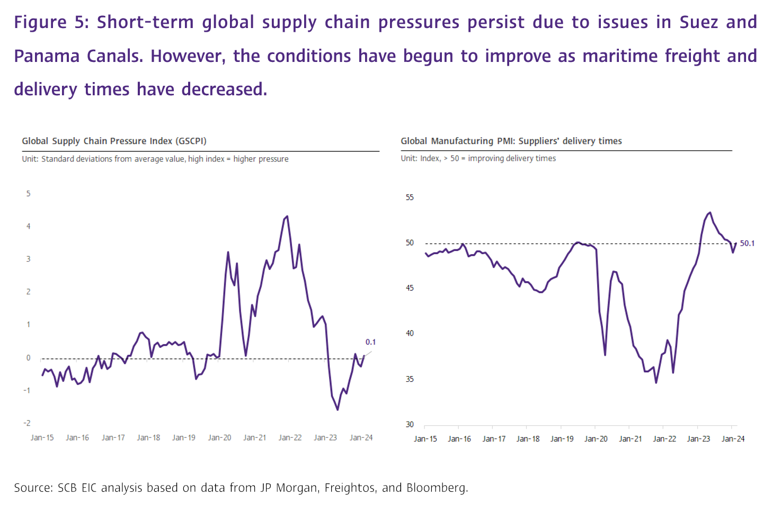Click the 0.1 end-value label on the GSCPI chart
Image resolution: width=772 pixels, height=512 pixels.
click(370, 342)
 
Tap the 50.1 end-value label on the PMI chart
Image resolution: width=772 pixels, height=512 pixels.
click(747, 244)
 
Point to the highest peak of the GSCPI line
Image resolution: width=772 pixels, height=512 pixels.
click(287, 216)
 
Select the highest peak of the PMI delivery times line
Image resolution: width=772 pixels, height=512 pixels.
click(710, 212)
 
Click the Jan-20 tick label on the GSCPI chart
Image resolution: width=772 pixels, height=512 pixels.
click(219, 438)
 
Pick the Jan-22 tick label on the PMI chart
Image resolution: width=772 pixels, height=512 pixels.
click(664, 439)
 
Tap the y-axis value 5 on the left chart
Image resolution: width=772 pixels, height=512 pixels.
click(29, 194)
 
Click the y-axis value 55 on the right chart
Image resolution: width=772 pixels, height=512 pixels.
click(410, 197)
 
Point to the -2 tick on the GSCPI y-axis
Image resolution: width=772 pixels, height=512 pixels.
click(27, 423)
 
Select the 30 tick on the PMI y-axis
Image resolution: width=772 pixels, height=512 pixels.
click(410, 425)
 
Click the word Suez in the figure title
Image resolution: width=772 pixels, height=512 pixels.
click(698, 22)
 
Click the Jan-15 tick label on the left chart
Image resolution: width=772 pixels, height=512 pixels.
click(42, 438)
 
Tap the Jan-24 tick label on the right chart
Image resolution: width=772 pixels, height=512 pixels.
click(733, 439)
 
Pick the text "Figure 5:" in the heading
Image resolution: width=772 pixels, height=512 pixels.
click(51, 22)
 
